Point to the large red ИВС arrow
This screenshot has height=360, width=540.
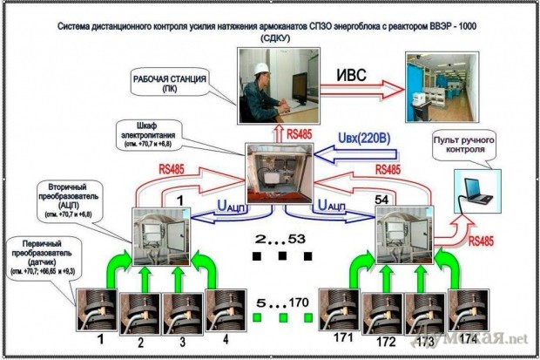tap(358, 89)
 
